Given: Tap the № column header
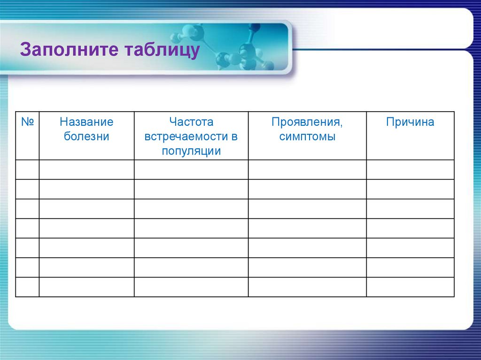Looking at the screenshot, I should coord(27,122).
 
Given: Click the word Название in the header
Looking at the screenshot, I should coord(86,122).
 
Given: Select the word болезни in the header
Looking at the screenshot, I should coord(86,137).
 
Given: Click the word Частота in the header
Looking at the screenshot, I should coord(191,122).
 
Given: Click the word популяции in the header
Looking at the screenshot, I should coord(191,152).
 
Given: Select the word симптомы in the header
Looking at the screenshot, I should coord(307,137).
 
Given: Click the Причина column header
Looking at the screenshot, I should coord(410,122).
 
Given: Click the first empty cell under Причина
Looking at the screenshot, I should coord(410,169).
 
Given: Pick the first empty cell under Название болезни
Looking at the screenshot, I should coord(86,169).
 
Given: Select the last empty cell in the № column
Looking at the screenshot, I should coord(27,287).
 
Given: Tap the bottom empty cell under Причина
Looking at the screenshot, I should coord(410,287).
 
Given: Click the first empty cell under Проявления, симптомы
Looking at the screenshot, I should coord(307,169).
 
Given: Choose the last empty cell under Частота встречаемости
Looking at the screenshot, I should coord(191,287).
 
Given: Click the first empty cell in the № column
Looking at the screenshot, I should coord(27,169).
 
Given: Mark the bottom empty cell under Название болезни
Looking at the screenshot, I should coord(86,287).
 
